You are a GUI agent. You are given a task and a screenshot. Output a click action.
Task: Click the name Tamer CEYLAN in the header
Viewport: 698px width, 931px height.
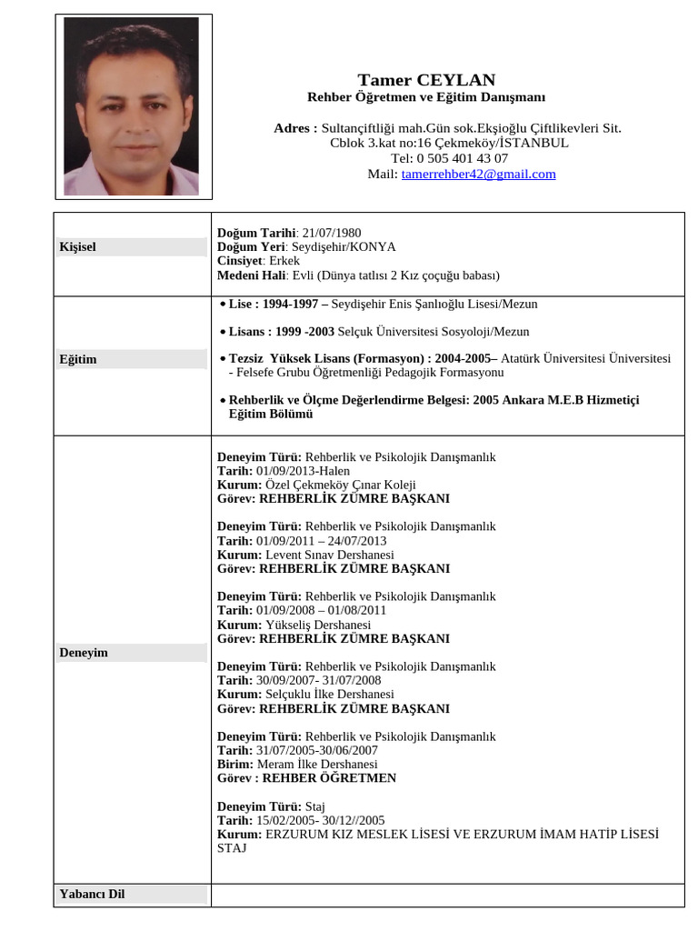[426, 80]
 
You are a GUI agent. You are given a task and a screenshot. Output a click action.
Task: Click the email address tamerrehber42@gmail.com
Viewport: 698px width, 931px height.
[478, 174]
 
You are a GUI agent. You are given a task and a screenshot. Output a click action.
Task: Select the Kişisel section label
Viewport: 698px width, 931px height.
[78, 246]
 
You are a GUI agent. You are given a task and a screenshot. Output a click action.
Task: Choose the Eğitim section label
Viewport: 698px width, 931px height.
[78, 359]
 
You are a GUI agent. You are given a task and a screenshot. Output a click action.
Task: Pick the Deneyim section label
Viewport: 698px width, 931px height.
[84, 653]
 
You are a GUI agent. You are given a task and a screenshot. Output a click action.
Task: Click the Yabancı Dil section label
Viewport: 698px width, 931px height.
[92, 894]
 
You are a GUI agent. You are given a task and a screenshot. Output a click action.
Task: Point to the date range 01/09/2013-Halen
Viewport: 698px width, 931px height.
[303, 471]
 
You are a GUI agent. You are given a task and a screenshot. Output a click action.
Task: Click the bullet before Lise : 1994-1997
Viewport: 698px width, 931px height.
[223, 304]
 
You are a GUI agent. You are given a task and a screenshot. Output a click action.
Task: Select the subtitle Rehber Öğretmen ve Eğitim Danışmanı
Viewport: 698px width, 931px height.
[426, 97]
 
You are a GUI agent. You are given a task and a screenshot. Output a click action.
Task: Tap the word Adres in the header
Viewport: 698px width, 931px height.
[295, 128]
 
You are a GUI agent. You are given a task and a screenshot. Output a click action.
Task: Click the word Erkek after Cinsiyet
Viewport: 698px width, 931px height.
[284, 260]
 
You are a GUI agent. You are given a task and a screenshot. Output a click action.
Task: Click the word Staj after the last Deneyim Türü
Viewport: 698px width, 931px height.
[315, 806]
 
